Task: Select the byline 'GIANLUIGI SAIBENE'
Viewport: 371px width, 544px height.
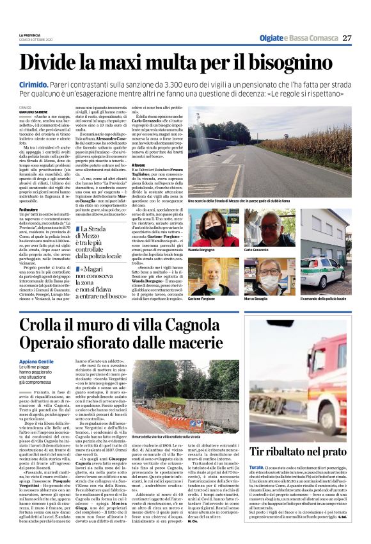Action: [x=33, y=112]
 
